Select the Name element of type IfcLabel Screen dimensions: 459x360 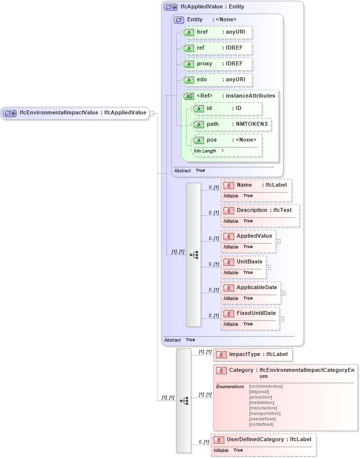click(256, 185)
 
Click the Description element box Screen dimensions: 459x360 click(260, 210)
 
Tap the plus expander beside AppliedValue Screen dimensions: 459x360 click(278, 242)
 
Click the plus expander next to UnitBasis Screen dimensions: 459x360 click(268, 267)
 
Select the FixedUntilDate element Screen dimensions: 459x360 click(250, 313)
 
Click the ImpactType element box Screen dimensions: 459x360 click(253, 355)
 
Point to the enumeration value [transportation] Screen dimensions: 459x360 click(265, 413)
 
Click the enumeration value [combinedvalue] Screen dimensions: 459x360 click(266, 386)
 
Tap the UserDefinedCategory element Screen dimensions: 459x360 click(263, 440)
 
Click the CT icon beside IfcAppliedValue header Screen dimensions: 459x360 click(170, 7)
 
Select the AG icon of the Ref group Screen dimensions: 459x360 click(189, 96)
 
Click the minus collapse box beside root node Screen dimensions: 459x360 click(152, 113)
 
